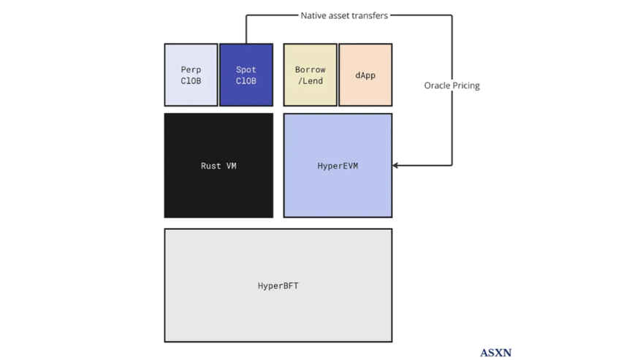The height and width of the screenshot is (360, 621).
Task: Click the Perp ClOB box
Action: point(191,75)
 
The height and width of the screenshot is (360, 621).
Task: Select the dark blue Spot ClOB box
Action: point(246,75)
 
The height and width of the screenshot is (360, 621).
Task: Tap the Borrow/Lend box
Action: point(310,75)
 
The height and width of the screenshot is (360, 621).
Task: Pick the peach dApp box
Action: point(365,75)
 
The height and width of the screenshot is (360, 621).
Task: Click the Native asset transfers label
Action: point(344,15)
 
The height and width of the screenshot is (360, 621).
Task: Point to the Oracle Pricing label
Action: point(452,85)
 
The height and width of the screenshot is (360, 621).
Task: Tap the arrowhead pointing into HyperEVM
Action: point(395,166)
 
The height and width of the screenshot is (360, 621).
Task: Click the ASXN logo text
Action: point(495,353)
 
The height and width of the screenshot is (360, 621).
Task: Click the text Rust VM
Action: point(218,166)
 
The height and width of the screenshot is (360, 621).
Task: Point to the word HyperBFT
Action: point(278,286)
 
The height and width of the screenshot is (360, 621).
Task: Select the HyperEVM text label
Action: point(338,166)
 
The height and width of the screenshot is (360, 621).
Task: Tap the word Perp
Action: point(191,70)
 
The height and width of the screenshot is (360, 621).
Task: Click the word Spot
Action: point(246,70)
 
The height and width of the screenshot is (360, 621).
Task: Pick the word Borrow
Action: point(310,70)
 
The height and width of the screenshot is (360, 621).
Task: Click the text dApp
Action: point(365,75)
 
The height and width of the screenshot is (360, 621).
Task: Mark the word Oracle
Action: point(438,85)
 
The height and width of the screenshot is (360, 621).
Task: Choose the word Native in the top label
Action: point(314,15)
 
